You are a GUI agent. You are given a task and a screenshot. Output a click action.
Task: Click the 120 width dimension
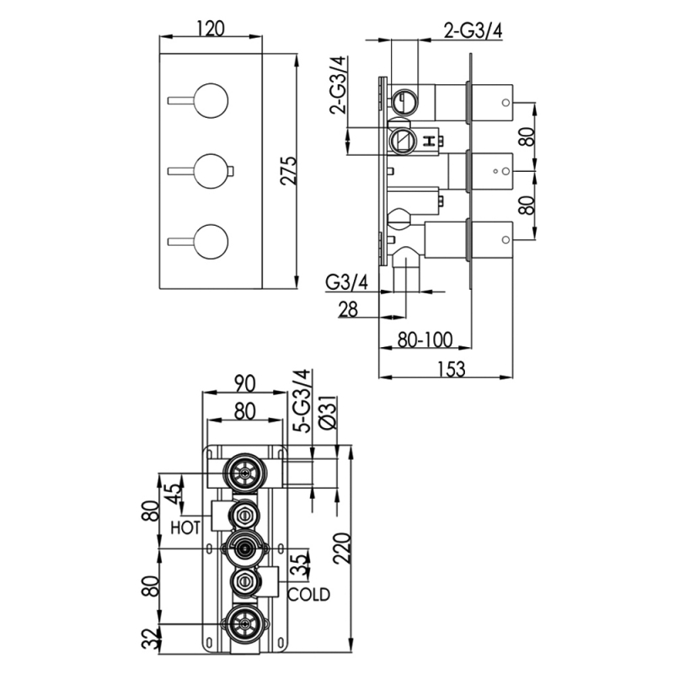point(211,29)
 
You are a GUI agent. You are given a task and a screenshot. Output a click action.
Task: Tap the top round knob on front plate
point(209,101)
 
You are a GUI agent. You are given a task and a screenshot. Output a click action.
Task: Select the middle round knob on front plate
point(209,171)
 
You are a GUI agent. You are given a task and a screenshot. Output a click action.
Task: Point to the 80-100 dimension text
point(425,340)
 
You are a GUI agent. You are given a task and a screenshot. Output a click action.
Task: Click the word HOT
point(185,527)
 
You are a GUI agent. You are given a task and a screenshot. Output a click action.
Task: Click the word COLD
point(308,594)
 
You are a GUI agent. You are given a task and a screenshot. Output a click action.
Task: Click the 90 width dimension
point(244,383)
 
